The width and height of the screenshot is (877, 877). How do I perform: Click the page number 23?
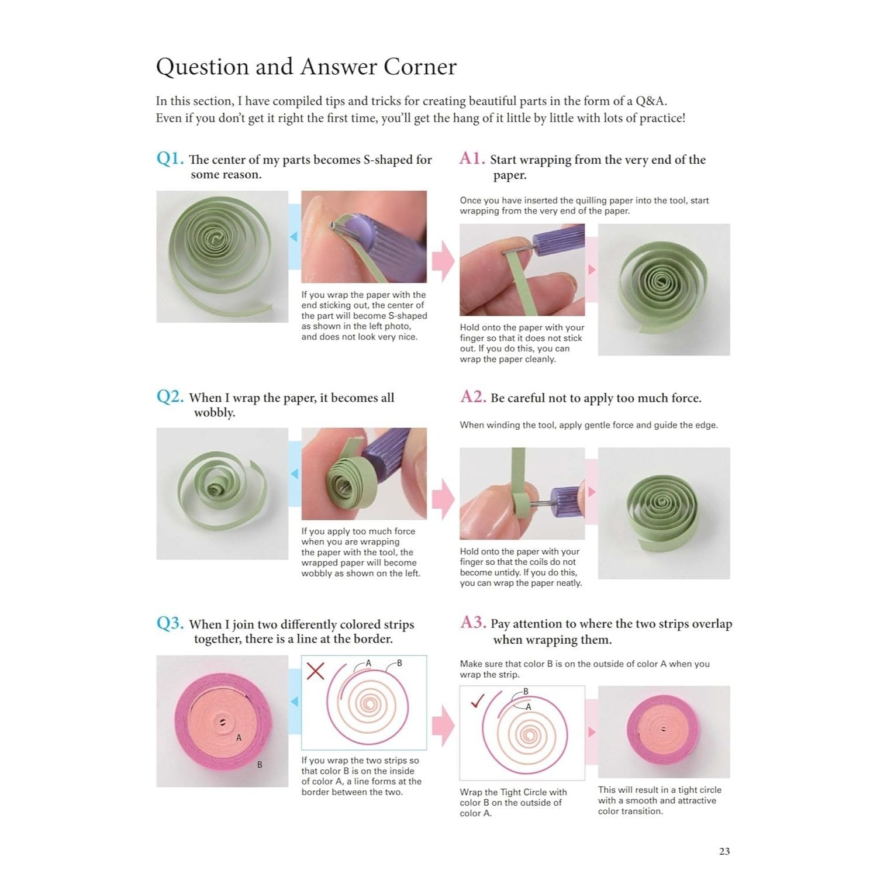pos(724,851)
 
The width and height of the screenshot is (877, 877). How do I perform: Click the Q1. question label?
pos(170,158)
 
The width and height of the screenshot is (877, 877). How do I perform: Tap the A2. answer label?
pos(473,397)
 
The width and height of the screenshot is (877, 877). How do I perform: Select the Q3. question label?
pos(170,623)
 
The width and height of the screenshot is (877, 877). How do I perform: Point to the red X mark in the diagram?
pos(316,671)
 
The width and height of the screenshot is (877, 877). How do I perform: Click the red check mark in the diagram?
pos(478,700)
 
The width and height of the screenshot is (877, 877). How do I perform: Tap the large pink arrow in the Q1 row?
pos(443,261)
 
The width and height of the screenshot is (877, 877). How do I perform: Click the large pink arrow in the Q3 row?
pos(443,726)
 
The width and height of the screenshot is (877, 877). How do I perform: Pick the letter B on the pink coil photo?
pos(260,765)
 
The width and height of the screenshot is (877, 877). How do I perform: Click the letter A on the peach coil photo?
pos(239,738)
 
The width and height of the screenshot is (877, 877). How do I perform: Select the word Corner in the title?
pos(420,67)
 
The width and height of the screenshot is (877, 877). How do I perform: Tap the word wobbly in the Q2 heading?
pos(215,413)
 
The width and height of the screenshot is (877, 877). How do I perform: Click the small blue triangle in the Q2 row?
pos(294,474)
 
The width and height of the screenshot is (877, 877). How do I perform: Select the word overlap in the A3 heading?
pos(712,624)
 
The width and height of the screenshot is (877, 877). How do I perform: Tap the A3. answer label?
pos(473,623)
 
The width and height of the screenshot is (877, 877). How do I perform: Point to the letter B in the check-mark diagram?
pos(526,692)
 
